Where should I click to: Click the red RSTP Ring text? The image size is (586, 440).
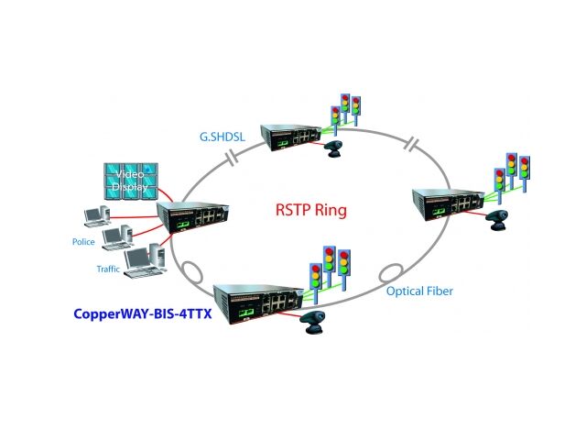311,209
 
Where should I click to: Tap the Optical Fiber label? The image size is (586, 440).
418,291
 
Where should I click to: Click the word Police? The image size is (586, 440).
83,242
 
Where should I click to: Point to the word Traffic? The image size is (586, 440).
108,269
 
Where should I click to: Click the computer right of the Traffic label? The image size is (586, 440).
142,262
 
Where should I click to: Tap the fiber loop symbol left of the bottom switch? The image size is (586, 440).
194,274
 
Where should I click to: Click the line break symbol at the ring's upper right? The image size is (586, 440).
414,145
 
